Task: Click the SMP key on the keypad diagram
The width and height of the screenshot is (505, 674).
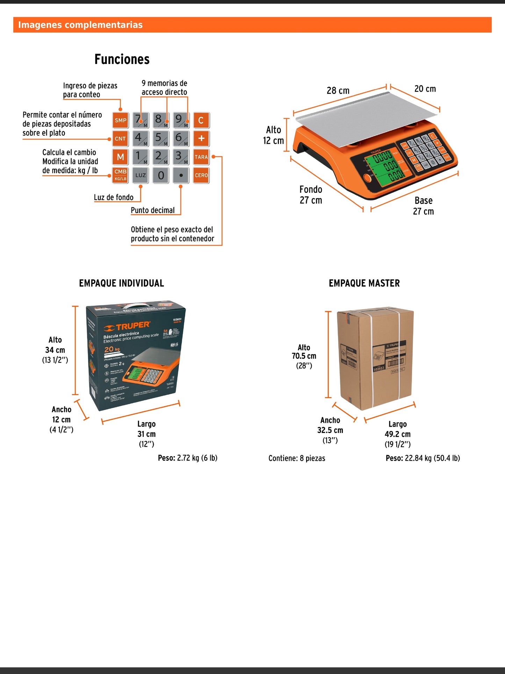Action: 121,120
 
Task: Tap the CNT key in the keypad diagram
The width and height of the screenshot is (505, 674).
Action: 121,139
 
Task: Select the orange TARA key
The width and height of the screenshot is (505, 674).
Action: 201,157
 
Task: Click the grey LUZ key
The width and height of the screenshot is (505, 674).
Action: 140,175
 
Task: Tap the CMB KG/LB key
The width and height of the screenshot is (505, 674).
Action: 121,175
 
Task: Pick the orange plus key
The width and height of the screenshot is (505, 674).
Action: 201,139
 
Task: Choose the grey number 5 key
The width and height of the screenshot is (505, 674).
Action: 160,139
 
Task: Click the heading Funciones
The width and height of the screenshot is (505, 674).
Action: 122,59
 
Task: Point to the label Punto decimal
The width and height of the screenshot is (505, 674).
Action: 153,210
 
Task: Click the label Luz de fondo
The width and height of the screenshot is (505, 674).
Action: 114,197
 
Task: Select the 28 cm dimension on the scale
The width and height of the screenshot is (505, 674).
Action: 338,91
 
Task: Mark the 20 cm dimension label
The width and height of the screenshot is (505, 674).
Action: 425,89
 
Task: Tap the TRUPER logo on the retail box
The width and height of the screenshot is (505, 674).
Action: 128,327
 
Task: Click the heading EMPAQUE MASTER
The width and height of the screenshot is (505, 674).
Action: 364,283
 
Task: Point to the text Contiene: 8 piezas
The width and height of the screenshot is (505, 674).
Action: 297,458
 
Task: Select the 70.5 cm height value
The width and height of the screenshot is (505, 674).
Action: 304,356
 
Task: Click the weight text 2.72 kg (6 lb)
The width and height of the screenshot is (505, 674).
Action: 197,458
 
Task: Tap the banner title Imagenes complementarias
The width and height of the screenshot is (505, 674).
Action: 80,25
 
